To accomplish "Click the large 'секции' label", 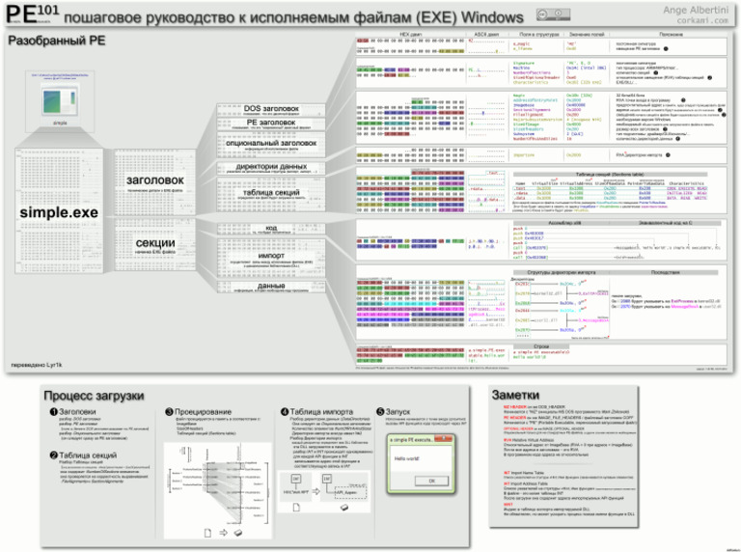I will click(x=154, y=243).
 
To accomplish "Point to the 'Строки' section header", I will click(x=541, y=344).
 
